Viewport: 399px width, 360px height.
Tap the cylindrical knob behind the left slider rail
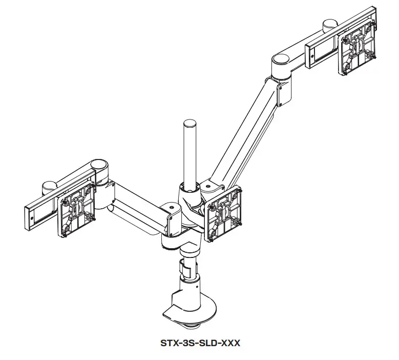49,184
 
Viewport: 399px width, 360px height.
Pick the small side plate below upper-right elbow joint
281,93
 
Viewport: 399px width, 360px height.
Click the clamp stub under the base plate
193,325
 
